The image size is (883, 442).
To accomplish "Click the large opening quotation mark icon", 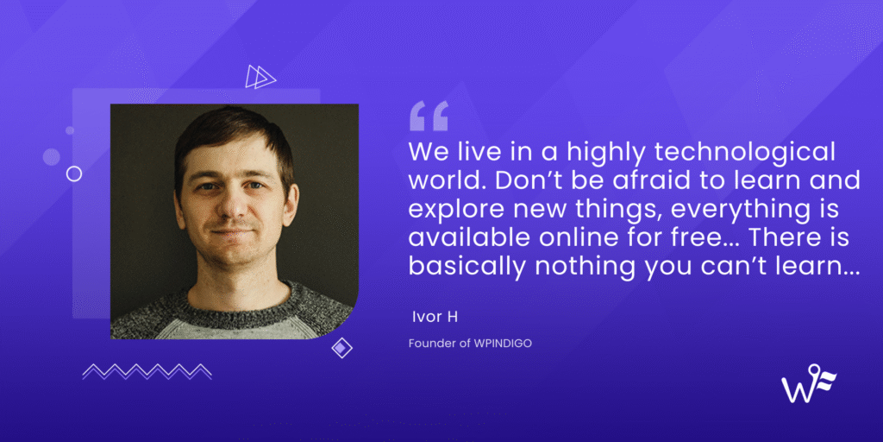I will coord(429,116).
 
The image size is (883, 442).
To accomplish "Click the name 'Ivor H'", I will coord(433,316).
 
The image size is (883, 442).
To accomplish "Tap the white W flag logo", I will coord(808,386).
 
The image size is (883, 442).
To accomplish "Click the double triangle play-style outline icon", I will coord(260,77).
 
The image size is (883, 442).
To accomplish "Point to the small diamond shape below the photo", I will coord(342,347).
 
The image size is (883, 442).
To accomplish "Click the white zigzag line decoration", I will coord(147,371).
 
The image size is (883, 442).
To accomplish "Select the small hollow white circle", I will coord(74,174).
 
